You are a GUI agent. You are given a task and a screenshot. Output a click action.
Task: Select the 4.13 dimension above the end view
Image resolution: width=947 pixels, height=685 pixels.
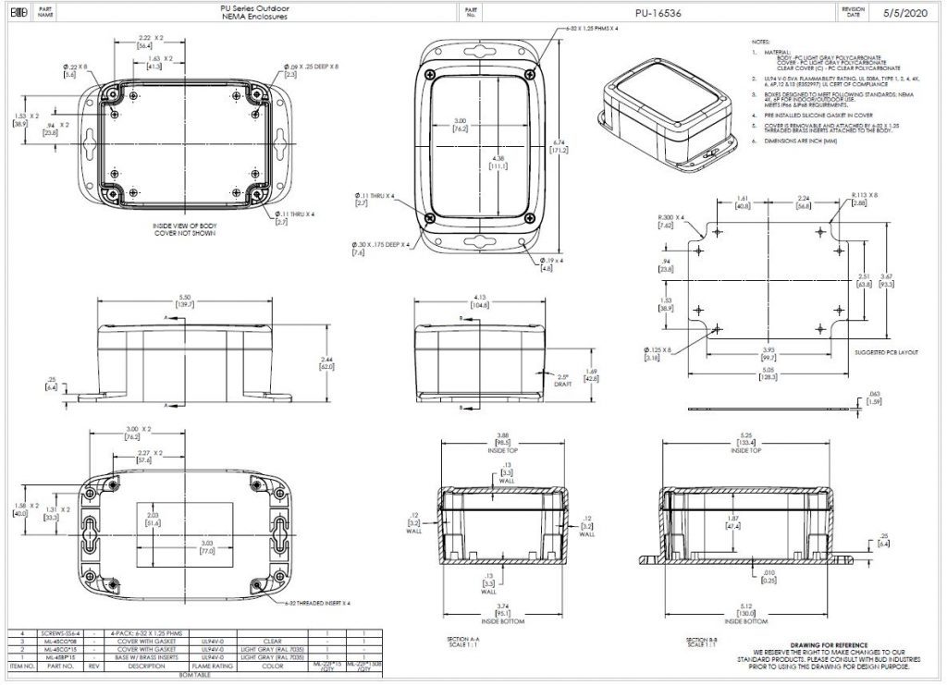tap(479, 298)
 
